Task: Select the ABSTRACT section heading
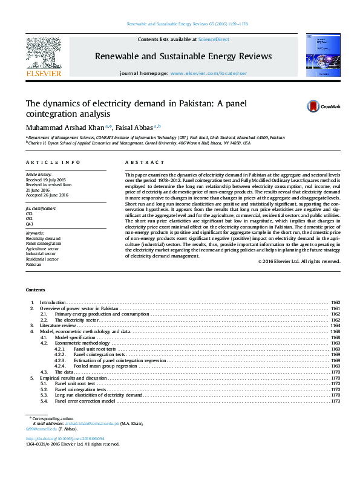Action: coord(145,163)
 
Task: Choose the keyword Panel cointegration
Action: coord(43,244)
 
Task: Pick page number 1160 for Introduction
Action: coord(335,302)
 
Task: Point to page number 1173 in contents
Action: coord(335,401)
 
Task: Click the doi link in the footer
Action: coord(65,438)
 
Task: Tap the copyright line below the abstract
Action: coord(299,261)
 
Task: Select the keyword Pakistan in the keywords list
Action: coord(33,265)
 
